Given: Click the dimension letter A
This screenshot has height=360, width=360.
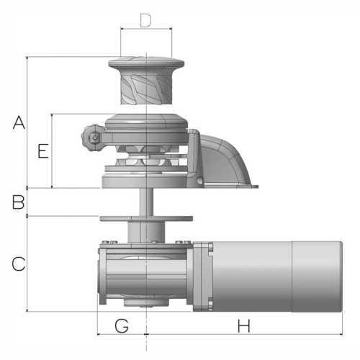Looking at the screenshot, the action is coord(19,122).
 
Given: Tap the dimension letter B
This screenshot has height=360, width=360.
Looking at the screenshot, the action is coord(19,202).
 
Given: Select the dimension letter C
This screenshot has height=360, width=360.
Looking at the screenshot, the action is coord(19,264).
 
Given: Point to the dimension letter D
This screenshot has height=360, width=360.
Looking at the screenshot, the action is coord(145,20).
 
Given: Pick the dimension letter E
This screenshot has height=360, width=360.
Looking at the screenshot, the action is coord(43,151).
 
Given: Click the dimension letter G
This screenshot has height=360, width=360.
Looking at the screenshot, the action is coord(122,326).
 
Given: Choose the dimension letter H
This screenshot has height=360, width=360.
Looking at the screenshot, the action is coord(243,326).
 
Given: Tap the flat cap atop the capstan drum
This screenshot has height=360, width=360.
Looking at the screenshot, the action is coord(146,62).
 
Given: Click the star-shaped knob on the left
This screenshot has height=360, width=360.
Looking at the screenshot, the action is coord(91,138).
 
